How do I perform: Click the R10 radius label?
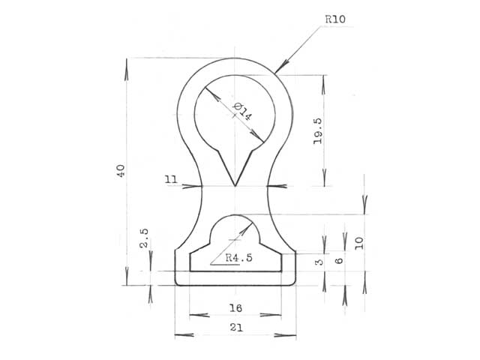335,19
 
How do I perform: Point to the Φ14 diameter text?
243,112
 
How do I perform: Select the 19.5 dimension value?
318,131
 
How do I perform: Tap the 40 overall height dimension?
121,171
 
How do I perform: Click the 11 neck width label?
171,179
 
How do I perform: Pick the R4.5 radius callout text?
239,258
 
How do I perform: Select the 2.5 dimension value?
144,238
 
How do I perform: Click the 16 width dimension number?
235,308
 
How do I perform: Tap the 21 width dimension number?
236,328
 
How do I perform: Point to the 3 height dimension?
319,262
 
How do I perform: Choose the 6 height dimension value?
339,261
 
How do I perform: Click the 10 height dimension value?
359,243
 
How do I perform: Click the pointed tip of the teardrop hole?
235,185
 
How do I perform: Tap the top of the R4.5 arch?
235,214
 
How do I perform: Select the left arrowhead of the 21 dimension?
184,335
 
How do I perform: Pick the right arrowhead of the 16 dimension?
271,315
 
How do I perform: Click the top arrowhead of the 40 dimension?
127,70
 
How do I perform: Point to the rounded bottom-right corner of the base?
293,283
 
